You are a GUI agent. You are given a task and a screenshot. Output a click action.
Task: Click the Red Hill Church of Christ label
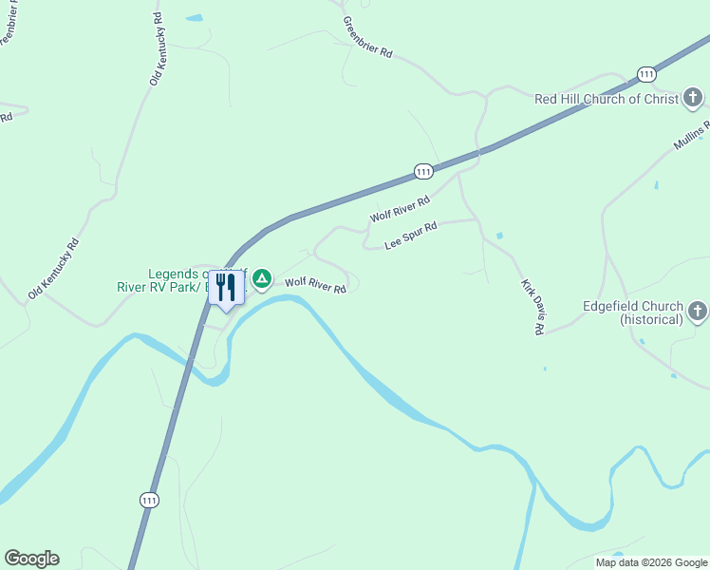[607, 98]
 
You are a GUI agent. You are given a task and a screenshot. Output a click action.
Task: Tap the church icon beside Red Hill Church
[693, 97]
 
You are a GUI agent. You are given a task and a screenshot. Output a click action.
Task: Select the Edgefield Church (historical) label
[633, 313]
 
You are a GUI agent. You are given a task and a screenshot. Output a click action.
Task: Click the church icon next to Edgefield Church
[698, 311]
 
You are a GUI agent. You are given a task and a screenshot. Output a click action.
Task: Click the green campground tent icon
[262, 278]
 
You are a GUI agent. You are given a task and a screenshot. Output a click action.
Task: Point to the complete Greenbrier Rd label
[367, 37]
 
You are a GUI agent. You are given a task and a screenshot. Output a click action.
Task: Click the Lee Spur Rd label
[410, 237]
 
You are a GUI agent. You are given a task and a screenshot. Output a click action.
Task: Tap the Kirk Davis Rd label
[532, 306]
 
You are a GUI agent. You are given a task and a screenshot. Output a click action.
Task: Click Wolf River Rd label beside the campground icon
[316, 284]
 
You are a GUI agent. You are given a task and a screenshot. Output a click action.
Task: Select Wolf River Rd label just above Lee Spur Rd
[400, 210]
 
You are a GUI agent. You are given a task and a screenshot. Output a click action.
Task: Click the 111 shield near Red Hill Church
[646, 74]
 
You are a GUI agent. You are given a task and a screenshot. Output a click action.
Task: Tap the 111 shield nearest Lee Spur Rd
[423, 171]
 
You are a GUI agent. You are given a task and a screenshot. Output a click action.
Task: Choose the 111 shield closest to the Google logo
[149, 500]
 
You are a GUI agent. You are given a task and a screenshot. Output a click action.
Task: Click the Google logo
[31, 559]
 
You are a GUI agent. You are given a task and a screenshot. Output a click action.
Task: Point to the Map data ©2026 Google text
[651, 562]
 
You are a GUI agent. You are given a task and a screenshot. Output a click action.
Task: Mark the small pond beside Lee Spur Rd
[499, 236]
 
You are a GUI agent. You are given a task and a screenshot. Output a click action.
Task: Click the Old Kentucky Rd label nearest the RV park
[53, 269]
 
